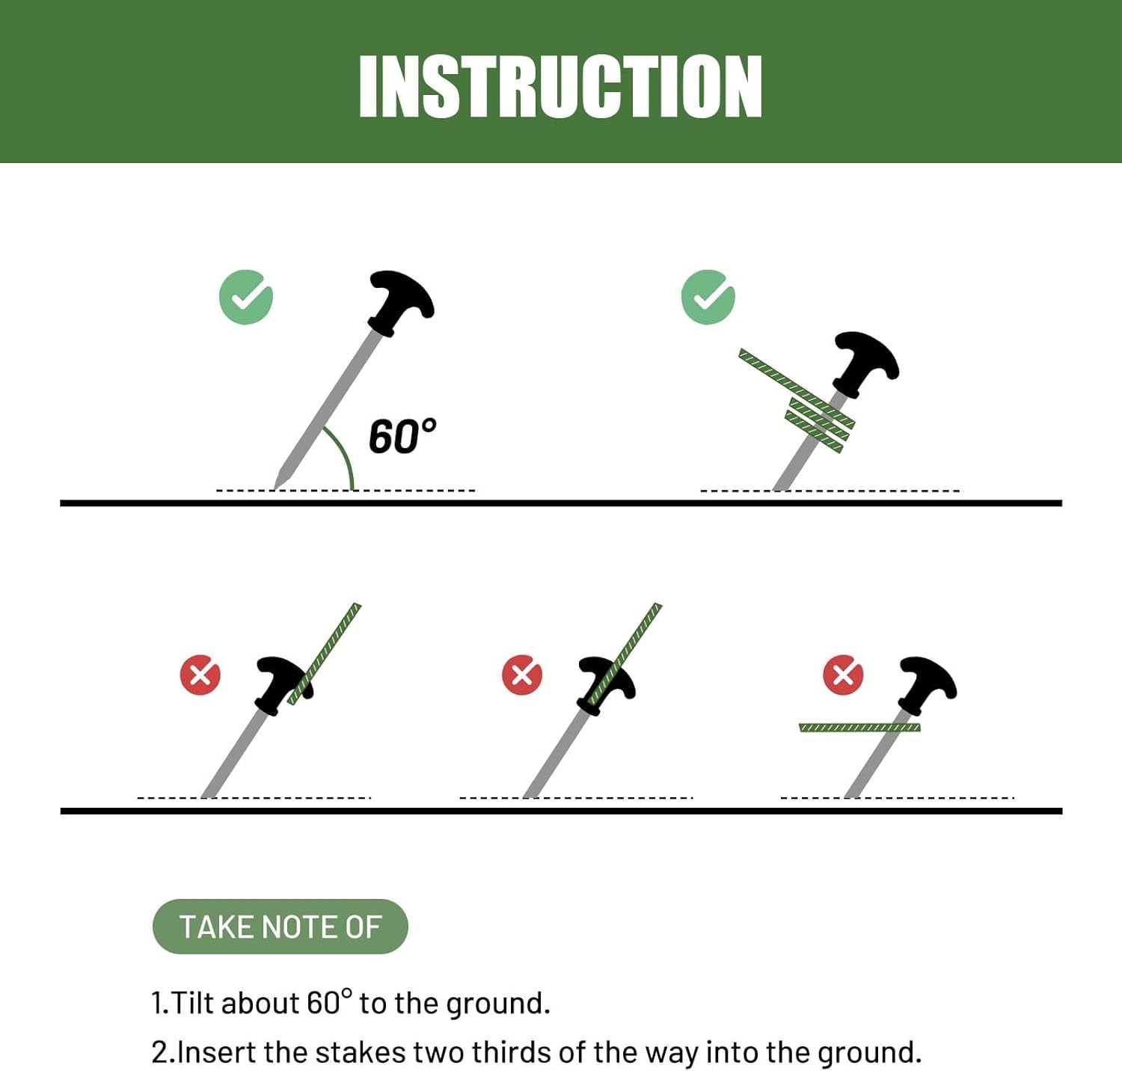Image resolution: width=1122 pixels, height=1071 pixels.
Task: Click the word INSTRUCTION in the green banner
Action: [560, 86]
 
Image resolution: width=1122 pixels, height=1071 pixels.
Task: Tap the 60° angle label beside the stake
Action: [402, 436]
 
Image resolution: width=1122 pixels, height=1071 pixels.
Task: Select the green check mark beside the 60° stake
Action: [246, 297]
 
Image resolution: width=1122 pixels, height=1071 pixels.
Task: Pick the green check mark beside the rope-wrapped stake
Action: [708, 297]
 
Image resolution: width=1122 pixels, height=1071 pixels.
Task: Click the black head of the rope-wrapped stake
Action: [866, 363]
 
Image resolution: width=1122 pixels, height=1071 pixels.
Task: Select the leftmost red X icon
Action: [200, 675]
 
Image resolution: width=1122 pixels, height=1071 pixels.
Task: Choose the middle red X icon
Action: [522, 675]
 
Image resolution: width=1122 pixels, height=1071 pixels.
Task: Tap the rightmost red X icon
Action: [843, 675]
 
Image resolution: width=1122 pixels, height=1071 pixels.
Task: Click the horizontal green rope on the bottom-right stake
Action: [859, 728]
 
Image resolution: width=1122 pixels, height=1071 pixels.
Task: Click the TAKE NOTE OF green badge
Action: [280, 927]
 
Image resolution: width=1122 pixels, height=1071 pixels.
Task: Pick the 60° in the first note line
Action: [328, 1001]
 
